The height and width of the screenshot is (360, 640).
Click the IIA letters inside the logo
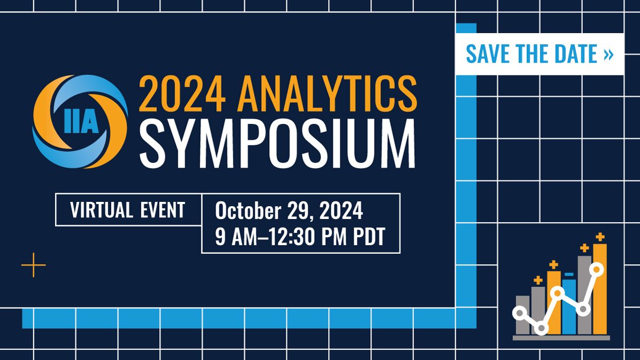(81, 121)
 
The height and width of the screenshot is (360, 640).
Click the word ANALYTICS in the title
(327, 94)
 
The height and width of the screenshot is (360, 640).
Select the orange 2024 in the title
(182, 95)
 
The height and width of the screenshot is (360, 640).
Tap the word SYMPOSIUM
(277, 143)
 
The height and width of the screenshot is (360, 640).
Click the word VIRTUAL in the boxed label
(102, 210)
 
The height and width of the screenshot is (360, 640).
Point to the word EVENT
(162, 210)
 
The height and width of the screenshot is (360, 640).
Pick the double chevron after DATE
(608, 54)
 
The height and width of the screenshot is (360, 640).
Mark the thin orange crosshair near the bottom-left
(34, 265)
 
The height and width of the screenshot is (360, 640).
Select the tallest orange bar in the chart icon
(599, 289)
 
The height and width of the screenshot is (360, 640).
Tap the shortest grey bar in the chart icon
(522, 315)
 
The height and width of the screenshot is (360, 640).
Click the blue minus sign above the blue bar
(569, 275)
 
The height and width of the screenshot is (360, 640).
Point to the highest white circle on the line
(597, 269)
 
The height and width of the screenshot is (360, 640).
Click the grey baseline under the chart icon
(561, 338)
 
